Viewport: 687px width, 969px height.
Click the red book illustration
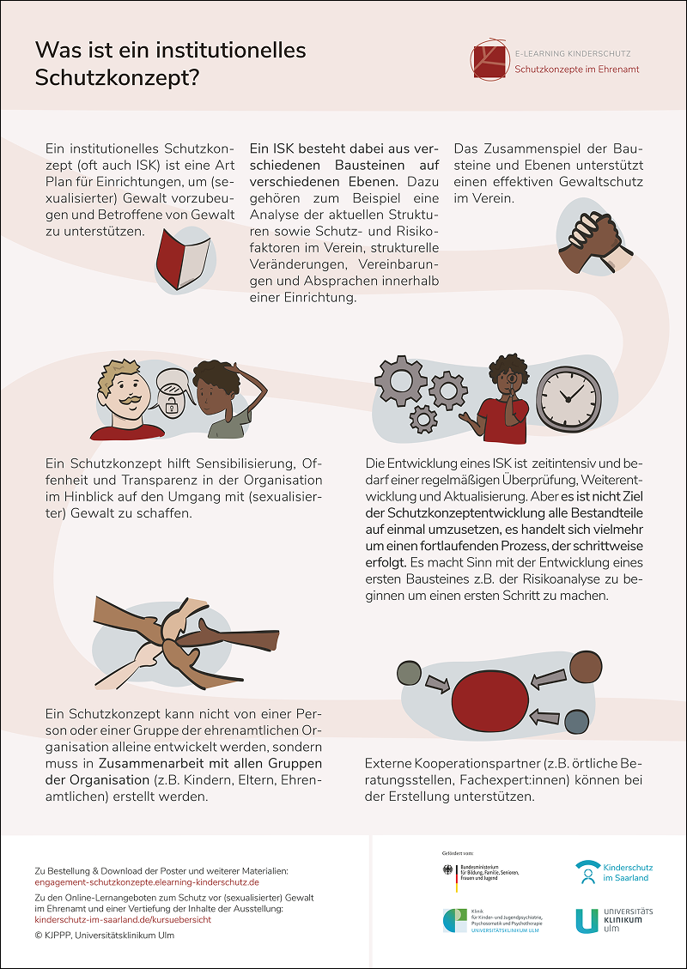(x=182, y=255)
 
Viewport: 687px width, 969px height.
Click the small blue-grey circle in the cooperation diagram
(x=578, y=723)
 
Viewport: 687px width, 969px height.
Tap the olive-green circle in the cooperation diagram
(x=410, y=674)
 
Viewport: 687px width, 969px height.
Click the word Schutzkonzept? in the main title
(x=117, y=78)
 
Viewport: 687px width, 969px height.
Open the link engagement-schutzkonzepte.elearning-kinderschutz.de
(x=147, y=881)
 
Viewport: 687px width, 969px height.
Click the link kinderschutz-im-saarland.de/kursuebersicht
(x=123, y=919)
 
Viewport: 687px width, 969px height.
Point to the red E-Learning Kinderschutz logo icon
(x=489, y=58)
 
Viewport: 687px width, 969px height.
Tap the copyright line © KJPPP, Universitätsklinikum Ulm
(x=104, y=935)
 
